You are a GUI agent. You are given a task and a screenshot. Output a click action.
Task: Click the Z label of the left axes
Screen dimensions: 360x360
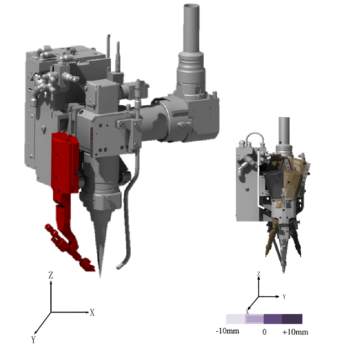(x=51, y=275)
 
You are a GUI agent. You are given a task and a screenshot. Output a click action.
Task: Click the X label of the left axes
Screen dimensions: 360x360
(x=92, y=312)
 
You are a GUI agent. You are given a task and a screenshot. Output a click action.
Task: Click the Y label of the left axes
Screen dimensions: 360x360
(x=34, y=340)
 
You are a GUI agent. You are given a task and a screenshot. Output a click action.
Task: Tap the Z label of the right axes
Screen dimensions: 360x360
(x=259, y=274)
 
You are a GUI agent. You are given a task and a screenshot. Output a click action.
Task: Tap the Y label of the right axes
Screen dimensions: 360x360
(x=284, y=297)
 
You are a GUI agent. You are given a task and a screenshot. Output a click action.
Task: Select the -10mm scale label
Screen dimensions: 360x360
(x=228, y=331)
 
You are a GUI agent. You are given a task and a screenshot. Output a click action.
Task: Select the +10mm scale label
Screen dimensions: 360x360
(x=295, y=332)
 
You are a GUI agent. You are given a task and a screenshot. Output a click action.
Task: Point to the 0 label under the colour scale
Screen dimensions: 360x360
(x=265, y=332)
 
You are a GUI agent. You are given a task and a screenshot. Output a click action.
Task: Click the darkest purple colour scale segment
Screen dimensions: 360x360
(x=292, y=319)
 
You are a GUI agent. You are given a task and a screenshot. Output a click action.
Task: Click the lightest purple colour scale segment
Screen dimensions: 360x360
(x=235, y=319)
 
